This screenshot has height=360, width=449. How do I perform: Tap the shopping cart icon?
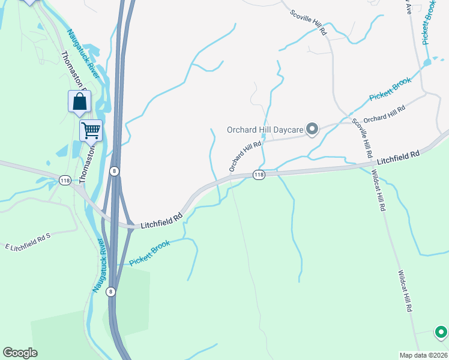click(91, 130)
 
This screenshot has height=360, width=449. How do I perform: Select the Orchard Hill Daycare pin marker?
click(312, 129)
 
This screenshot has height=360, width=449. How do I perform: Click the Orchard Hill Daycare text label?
click(265, 130)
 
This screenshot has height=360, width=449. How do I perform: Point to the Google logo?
click(20, 352)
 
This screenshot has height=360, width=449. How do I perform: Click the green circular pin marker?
click(441, 332)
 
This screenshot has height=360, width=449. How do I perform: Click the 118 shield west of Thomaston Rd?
click(65, 180)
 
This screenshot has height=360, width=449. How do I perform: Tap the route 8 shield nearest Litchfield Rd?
click(115, 171)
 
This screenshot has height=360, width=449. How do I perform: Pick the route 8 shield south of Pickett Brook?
click(110, 292)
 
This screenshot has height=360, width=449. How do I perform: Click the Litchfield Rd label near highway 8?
click(161, 221)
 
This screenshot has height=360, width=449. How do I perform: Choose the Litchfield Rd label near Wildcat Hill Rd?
click(399, 157)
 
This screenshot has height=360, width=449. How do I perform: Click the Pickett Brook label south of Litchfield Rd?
click(149, 253)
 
